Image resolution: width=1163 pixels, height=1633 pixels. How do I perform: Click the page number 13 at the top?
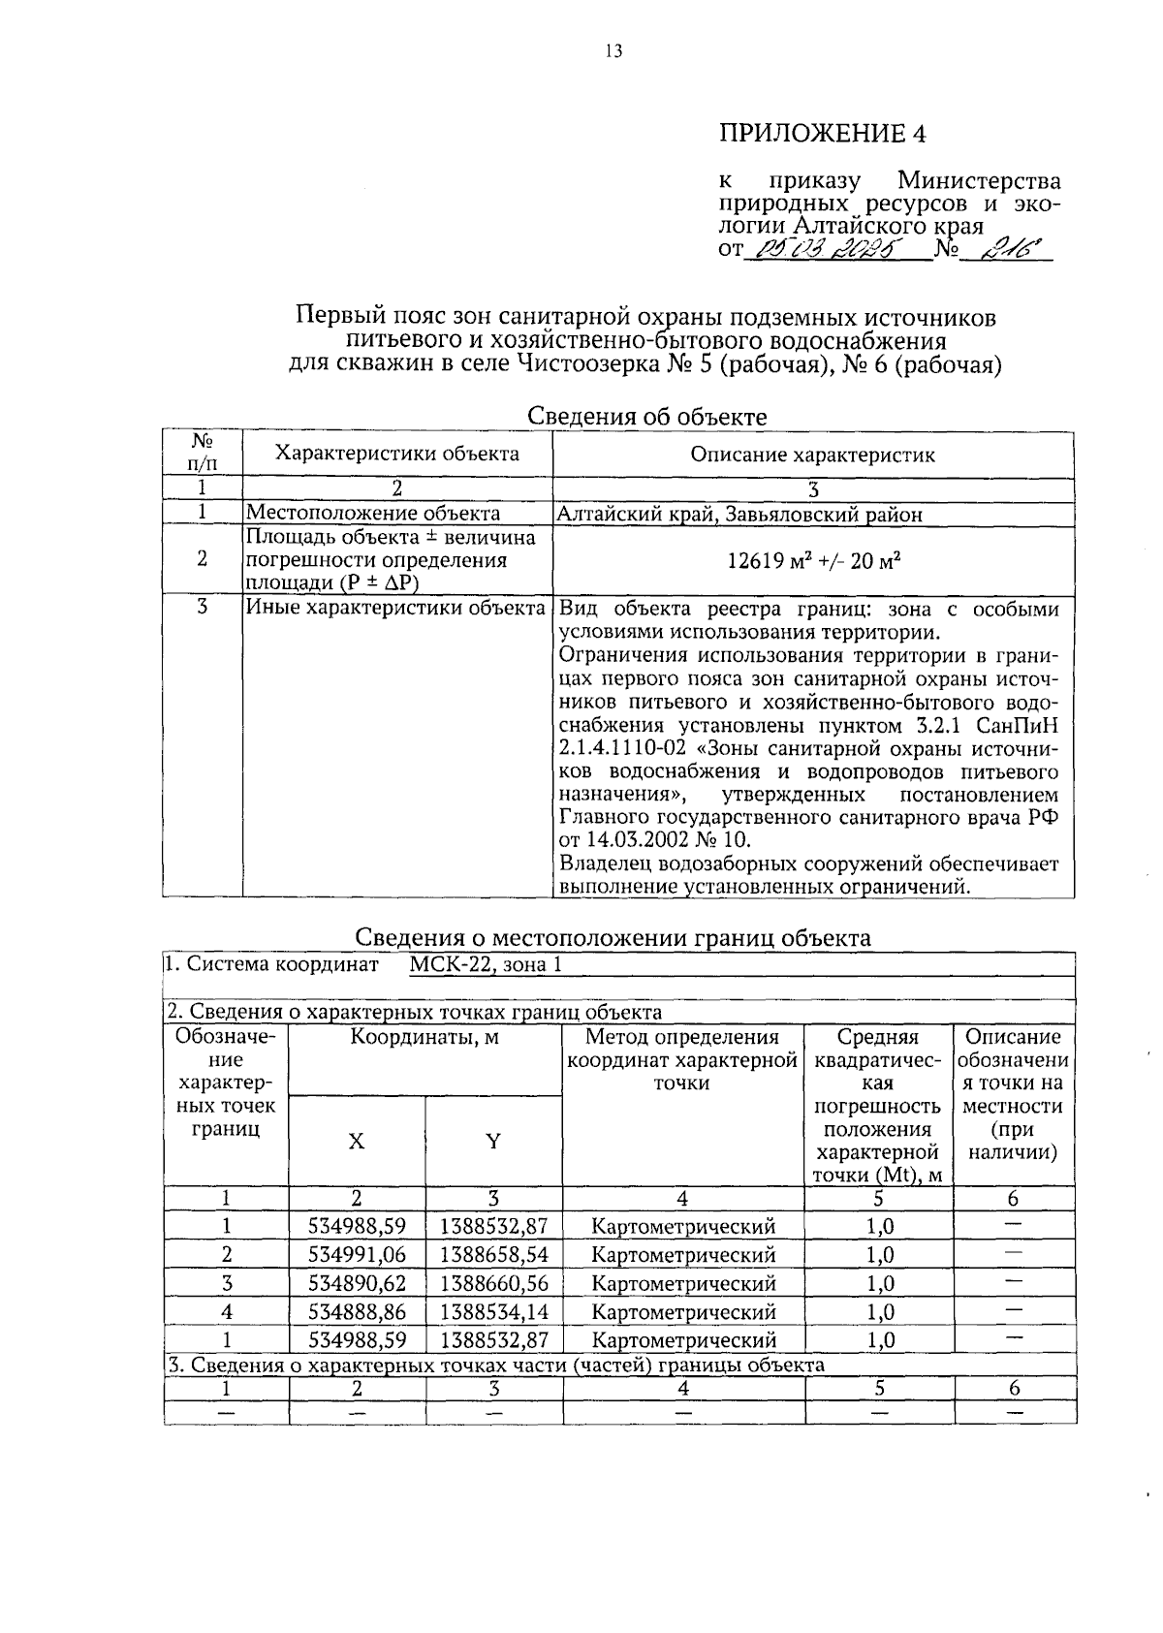click(x=613, y=51)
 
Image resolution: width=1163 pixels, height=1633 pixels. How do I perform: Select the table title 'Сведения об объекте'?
click(x=646, y=417)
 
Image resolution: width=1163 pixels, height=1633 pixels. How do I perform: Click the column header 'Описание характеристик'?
click(x=812, y=455)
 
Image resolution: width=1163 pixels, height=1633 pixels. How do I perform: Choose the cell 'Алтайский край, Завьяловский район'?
click(x=739, y=514)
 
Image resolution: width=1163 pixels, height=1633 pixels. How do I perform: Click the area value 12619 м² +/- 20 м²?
click(x=812, y=559)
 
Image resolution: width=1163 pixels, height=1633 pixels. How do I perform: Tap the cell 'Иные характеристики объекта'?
click(x=395, y=609)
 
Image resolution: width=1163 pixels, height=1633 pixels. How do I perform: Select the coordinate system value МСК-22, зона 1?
click(x=485, y=964)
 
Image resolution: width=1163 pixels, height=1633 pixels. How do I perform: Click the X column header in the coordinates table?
click(x=357, y=1142)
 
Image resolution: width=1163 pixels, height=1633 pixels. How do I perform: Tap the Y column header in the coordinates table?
click(x=493, y=1142)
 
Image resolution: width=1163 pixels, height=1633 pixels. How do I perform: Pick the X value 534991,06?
click(x=357, y=1254)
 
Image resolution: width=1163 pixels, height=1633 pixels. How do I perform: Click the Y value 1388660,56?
click(x=493, y=1283)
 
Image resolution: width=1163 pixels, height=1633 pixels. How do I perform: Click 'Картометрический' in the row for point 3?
click(x=683, y=1283)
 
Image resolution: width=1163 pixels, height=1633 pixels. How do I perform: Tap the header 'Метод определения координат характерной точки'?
click(x=682, y=1060)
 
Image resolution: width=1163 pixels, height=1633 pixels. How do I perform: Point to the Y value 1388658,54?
click(x=493, y=1254)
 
